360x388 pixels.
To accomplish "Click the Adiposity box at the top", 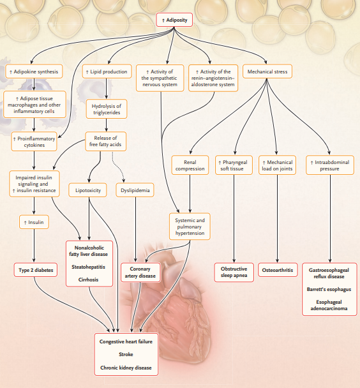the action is click(174, 20).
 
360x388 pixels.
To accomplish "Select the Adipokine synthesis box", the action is click(34, 71).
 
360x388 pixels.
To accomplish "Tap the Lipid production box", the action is click(107, 71).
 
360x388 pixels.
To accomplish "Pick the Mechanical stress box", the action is click(267, 71).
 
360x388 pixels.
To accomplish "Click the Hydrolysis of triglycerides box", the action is click(107, 109).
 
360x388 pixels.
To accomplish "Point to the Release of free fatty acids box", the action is click(106, 141).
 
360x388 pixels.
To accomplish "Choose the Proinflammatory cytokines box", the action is click(34, 142).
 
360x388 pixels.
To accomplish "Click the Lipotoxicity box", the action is click(88, 190).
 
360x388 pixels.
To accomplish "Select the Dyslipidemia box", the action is click(135, 190).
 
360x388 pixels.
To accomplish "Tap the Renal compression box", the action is click(190, 165).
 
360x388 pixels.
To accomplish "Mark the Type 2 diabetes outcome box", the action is click(36, 270).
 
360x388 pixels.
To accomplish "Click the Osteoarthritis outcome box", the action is click(278, 270).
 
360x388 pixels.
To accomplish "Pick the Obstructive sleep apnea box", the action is click(234, 272).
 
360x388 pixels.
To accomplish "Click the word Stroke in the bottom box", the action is click(126, 354).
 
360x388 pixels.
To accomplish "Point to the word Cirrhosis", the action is click(88, 280).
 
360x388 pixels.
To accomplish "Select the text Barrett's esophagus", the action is click(329, 289).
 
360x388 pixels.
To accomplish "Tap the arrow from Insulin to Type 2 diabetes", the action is click(34, 246).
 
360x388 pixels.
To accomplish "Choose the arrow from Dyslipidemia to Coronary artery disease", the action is click(135, 230).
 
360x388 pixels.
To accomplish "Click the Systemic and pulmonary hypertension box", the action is click(190, 227).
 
